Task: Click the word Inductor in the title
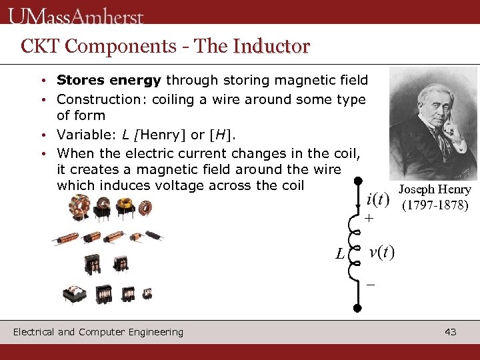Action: click(271, 46)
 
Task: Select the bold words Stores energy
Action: click(109, 81)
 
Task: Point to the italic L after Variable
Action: click(125, 135)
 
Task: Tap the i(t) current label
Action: click(378, 199)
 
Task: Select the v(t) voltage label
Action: click(381, 252)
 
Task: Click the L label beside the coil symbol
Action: click(340, 254)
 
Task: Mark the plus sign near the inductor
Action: click(369, 219)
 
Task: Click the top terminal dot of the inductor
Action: click(358, 181)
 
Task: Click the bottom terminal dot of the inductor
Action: click(358, 308)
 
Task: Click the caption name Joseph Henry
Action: click(435, 189)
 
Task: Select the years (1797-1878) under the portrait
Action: click(435, 205)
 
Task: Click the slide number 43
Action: click(450, 332)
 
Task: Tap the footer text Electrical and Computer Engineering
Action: click(98, 332)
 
